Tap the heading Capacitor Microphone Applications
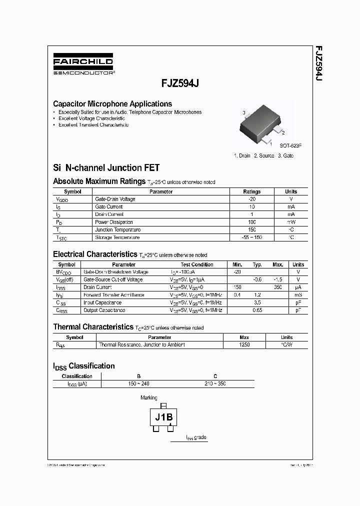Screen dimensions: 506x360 112,104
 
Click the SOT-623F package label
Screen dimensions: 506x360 290,145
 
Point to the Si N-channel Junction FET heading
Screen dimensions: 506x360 106,168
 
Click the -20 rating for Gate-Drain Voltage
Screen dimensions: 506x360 251,199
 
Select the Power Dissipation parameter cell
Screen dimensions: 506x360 114,222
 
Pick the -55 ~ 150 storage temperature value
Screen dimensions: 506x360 251,237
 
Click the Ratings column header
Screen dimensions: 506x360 251,191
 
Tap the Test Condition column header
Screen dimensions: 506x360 196,264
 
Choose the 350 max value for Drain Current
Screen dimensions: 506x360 278,287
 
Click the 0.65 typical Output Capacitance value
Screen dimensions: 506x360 257,310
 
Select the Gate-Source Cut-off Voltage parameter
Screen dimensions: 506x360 113,279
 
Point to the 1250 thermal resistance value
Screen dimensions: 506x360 244,345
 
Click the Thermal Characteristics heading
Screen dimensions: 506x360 92,327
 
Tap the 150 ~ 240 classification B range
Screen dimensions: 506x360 138,383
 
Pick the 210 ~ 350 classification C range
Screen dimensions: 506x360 215,383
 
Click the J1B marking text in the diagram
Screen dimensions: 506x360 163,417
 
